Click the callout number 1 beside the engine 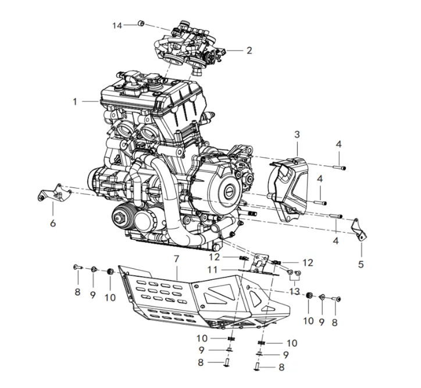(x=75, y=101)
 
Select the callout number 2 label (x=249, y=51)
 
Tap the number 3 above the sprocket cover (x=297, y=134)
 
